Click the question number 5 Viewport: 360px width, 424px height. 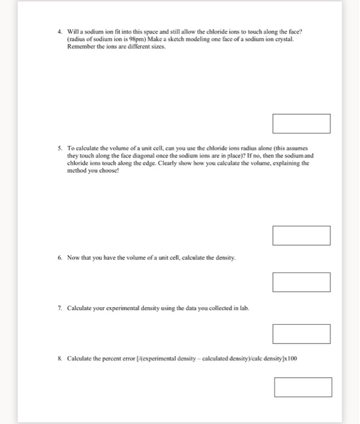coord(60,148)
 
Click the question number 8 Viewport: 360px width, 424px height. coord(60,358)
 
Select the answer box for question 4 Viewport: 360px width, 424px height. coord(301,124)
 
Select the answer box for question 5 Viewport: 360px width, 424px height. coord(301,236)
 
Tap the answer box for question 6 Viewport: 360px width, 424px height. coord(301,282)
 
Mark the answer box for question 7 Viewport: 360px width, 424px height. coord(301,334)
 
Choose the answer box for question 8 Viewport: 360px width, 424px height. coord(303,387)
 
